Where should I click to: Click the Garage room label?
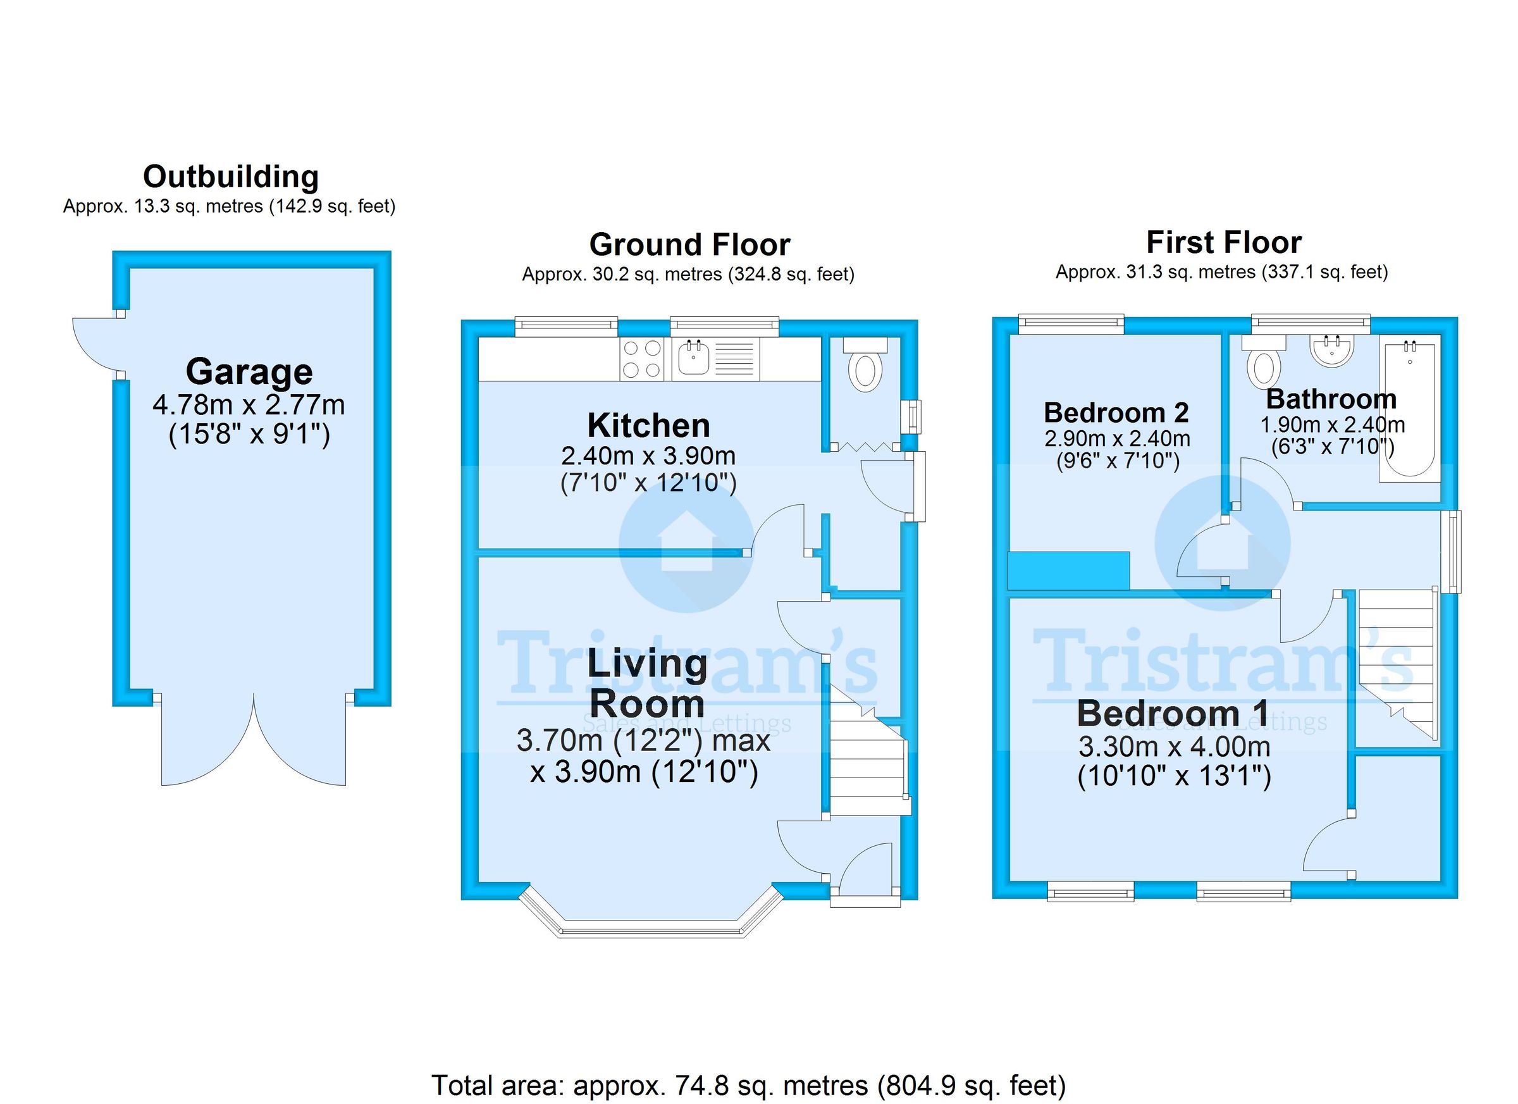click(x=249, y=372)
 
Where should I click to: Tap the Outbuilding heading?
click(x=231, y=177)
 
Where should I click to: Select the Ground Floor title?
click(x=689, y=244)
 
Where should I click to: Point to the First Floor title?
click(x=1223, y=242)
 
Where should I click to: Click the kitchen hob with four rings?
click(x=642, y=359)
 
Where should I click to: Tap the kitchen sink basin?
click(x=693, y=358)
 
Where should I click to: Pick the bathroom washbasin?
click(x=1331, y=350)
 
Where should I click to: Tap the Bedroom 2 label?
click(x=1116, y=412)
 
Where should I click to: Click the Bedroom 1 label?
click(x=1173, y=714)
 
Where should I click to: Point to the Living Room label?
click(x=647, y=683)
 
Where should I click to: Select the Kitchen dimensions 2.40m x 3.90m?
click(x=648, y=456)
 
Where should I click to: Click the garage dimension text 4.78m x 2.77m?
click(x=249, y=405)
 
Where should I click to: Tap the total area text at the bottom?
click(x=748, y=1085)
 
